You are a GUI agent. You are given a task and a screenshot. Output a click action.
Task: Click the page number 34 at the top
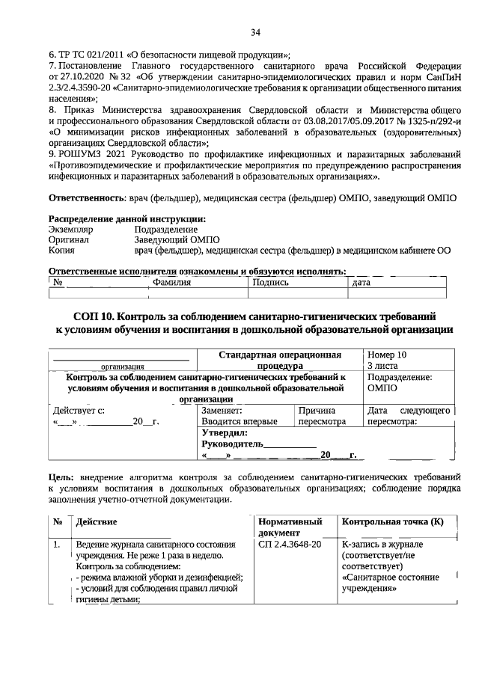[255, 32]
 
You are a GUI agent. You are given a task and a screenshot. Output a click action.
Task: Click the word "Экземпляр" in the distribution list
[72, 229]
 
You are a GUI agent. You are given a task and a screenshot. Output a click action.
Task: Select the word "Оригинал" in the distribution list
[69, 240]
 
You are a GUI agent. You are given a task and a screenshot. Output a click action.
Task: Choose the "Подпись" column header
[272, 283]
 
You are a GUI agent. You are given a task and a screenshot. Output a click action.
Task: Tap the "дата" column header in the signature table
[361, 283]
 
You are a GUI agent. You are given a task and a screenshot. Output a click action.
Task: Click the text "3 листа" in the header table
[381, 366]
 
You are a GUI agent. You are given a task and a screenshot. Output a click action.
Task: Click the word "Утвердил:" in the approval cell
[225, 432]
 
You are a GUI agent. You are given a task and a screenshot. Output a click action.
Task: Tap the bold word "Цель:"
[61, 477]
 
